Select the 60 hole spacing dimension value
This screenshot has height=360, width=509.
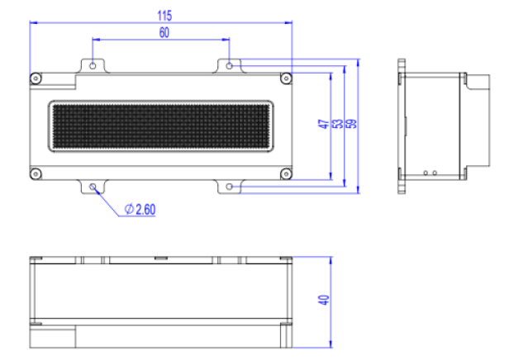(x=163, y=32)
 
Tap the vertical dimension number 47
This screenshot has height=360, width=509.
(x=323, y=124)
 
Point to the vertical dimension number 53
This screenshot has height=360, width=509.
(x=337, y=124)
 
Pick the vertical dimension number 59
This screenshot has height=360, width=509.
(x=351, y=124)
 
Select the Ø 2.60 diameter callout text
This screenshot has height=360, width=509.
(x=140, y=209)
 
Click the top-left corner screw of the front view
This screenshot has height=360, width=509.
(x=35, y=78)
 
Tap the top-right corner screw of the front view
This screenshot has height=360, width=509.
(x=286, y=78)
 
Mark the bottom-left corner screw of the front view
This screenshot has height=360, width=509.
(x=35, y=173)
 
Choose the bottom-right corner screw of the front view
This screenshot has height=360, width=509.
(x=286, y=173)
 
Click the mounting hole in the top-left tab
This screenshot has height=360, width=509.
(x=93, y=64)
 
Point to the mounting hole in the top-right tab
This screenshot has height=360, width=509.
(x=230, y=64)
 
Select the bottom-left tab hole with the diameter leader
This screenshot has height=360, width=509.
(x=93, y=187)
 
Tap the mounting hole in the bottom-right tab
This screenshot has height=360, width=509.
(x=230, y=187)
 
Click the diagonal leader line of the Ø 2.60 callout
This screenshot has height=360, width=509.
(x=109, y=199)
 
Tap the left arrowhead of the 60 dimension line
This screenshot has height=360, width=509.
(x=97, y=39)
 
